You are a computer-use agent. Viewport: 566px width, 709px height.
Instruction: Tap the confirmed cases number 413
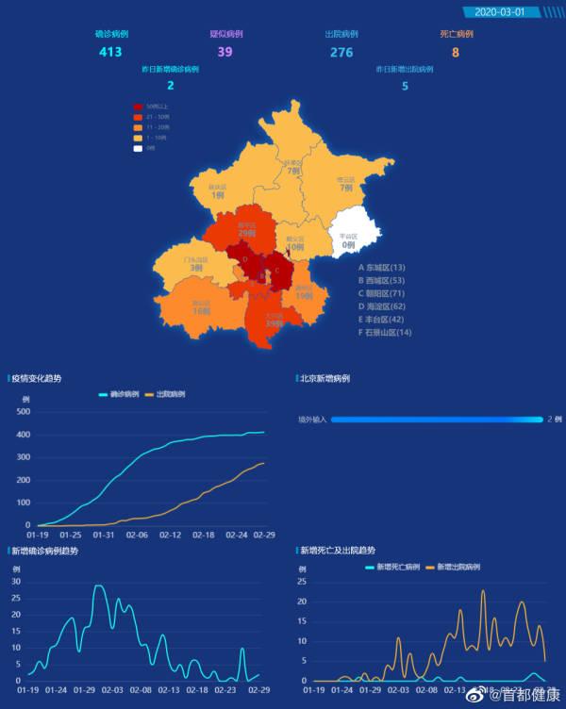[x=110, y=52]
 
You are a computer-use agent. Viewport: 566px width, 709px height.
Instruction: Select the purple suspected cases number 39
[x=225, y=52]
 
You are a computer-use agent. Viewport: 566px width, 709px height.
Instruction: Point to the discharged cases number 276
[x=341, y=52]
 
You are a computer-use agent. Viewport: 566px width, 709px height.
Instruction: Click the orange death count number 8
[x=456, y=52]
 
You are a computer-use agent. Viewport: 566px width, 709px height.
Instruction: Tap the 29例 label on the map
[x=247, y=232]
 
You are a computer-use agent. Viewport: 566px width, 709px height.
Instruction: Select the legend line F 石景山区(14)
[x=385, y=333]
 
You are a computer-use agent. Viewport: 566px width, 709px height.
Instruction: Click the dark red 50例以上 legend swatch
[x=138, y=107]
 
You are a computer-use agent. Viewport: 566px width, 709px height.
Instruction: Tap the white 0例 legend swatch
[x=138, y=148]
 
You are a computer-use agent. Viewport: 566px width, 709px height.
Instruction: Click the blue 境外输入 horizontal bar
[x=436, y=419]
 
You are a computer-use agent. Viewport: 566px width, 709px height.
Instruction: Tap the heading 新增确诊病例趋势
[x=45, y=551]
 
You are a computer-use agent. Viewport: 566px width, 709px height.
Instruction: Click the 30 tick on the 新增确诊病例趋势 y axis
[x=16, y=582]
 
